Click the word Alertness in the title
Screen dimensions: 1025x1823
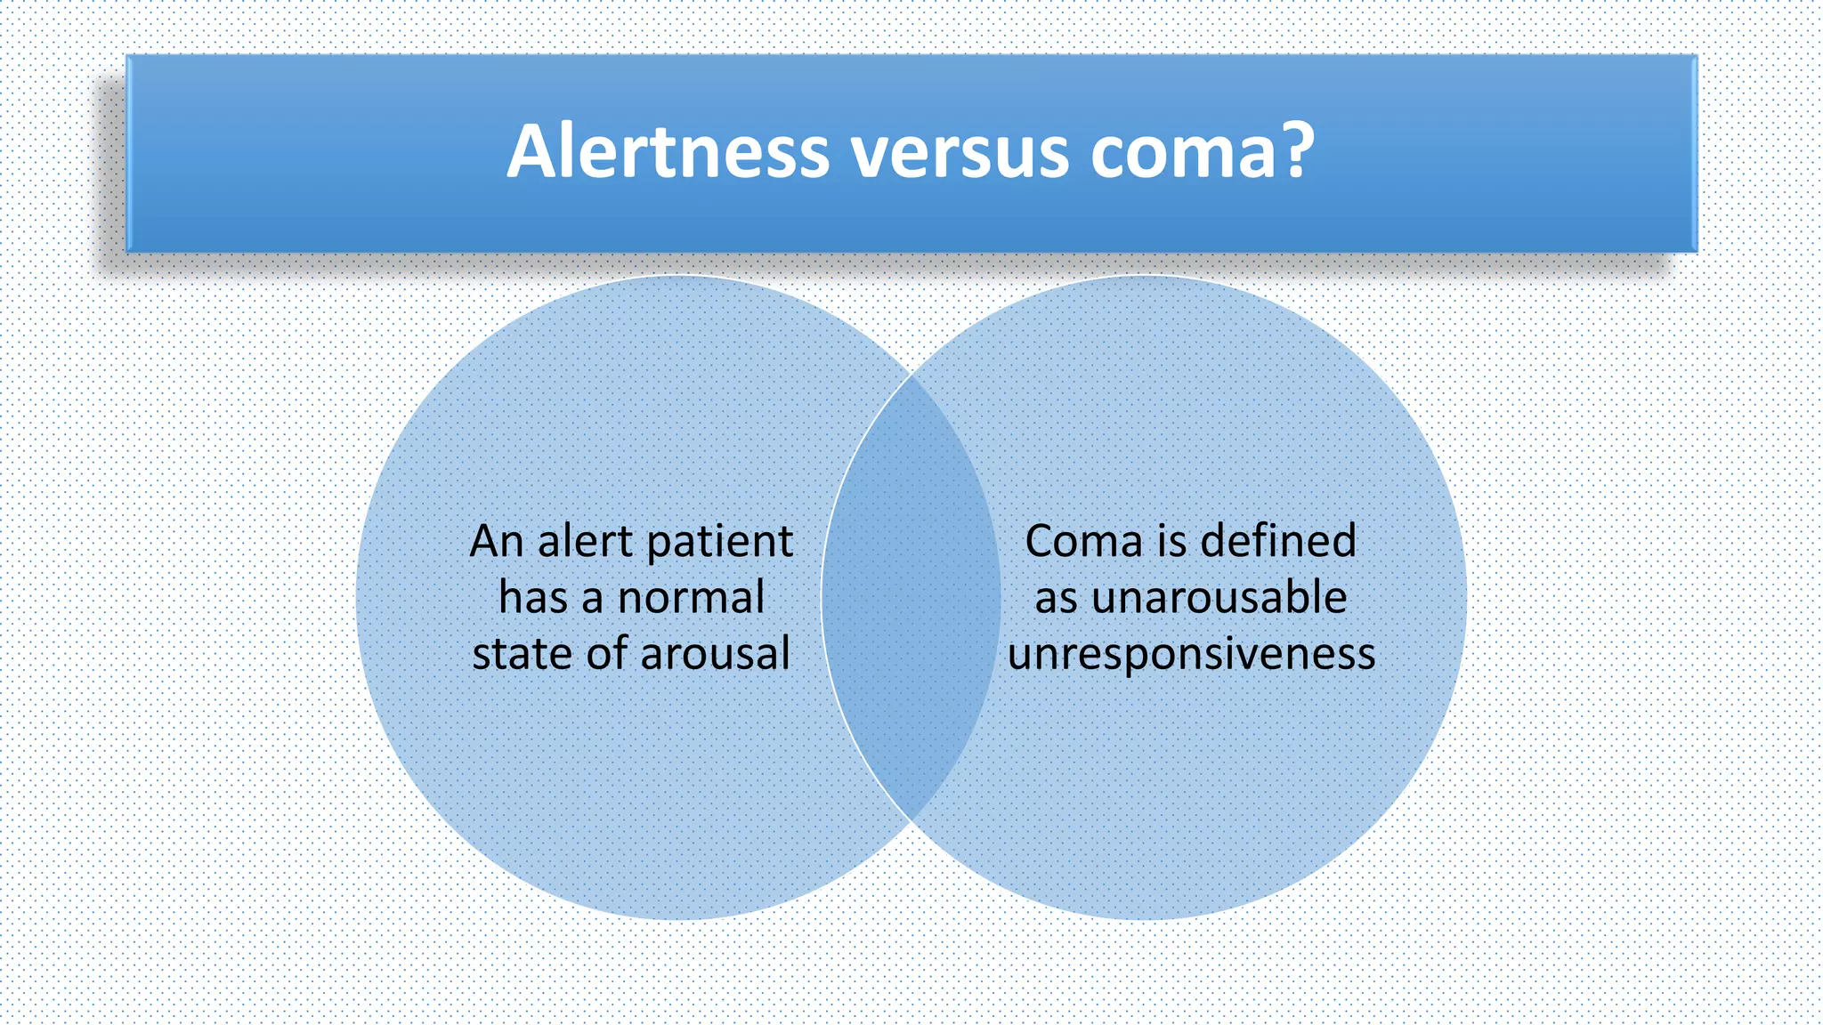[x=668, y=151]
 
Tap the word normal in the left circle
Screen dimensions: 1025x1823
[x=691, y=597]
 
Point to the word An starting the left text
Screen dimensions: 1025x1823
[x=496, y=541]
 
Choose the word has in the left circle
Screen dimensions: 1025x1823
[x=531, y=597]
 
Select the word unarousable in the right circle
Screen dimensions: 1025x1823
[x=1219, y=597]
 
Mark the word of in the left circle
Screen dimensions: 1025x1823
[x=606, y=654]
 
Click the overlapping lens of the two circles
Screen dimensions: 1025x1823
[x=911, y=597]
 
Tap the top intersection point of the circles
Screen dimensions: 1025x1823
[x=911, y=375]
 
